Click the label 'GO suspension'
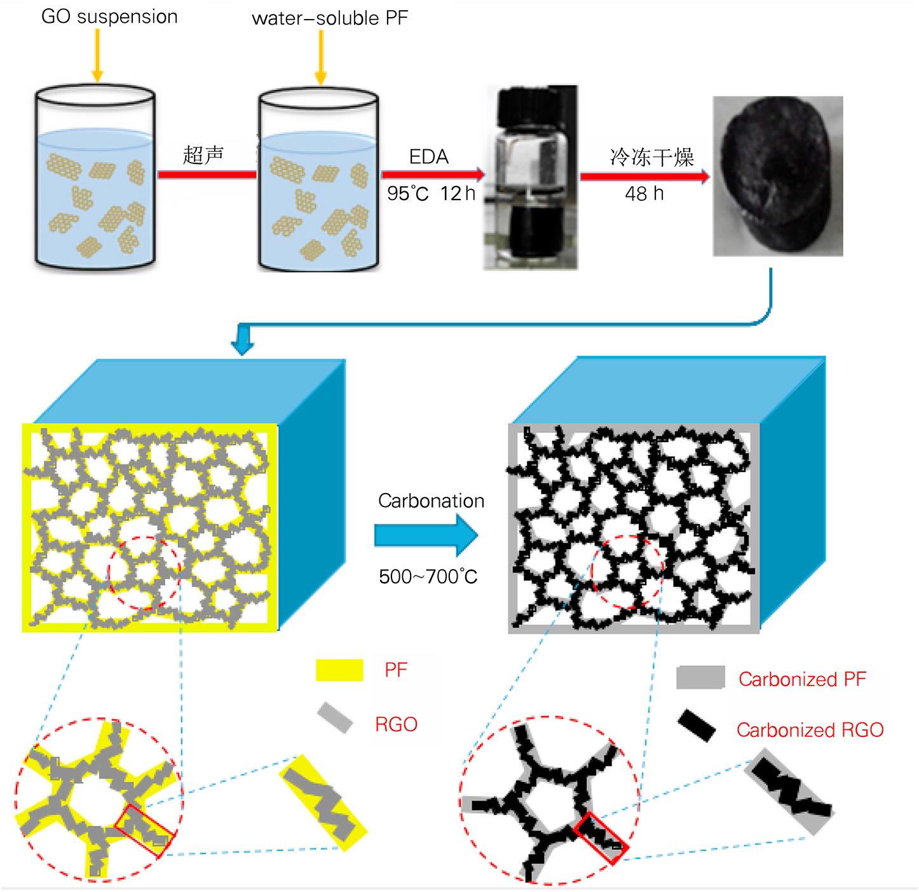coord(109,17)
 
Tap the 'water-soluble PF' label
coord(329,18)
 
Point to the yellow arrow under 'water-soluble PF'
coord(321,57)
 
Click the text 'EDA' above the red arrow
coord(428,157)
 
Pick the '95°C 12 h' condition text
coord(431,193)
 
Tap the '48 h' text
coord(644,193)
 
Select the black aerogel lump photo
coord(778,176)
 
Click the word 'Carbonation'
coord(431,501)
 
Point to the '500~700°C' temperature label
coord(428,577)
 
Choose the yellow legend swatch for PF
coord(339,670)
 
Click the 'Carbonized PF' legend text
coord(802,679)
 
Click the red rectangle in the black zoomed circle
coord(601,837)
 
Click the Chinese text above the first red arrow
coord(203,155)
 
